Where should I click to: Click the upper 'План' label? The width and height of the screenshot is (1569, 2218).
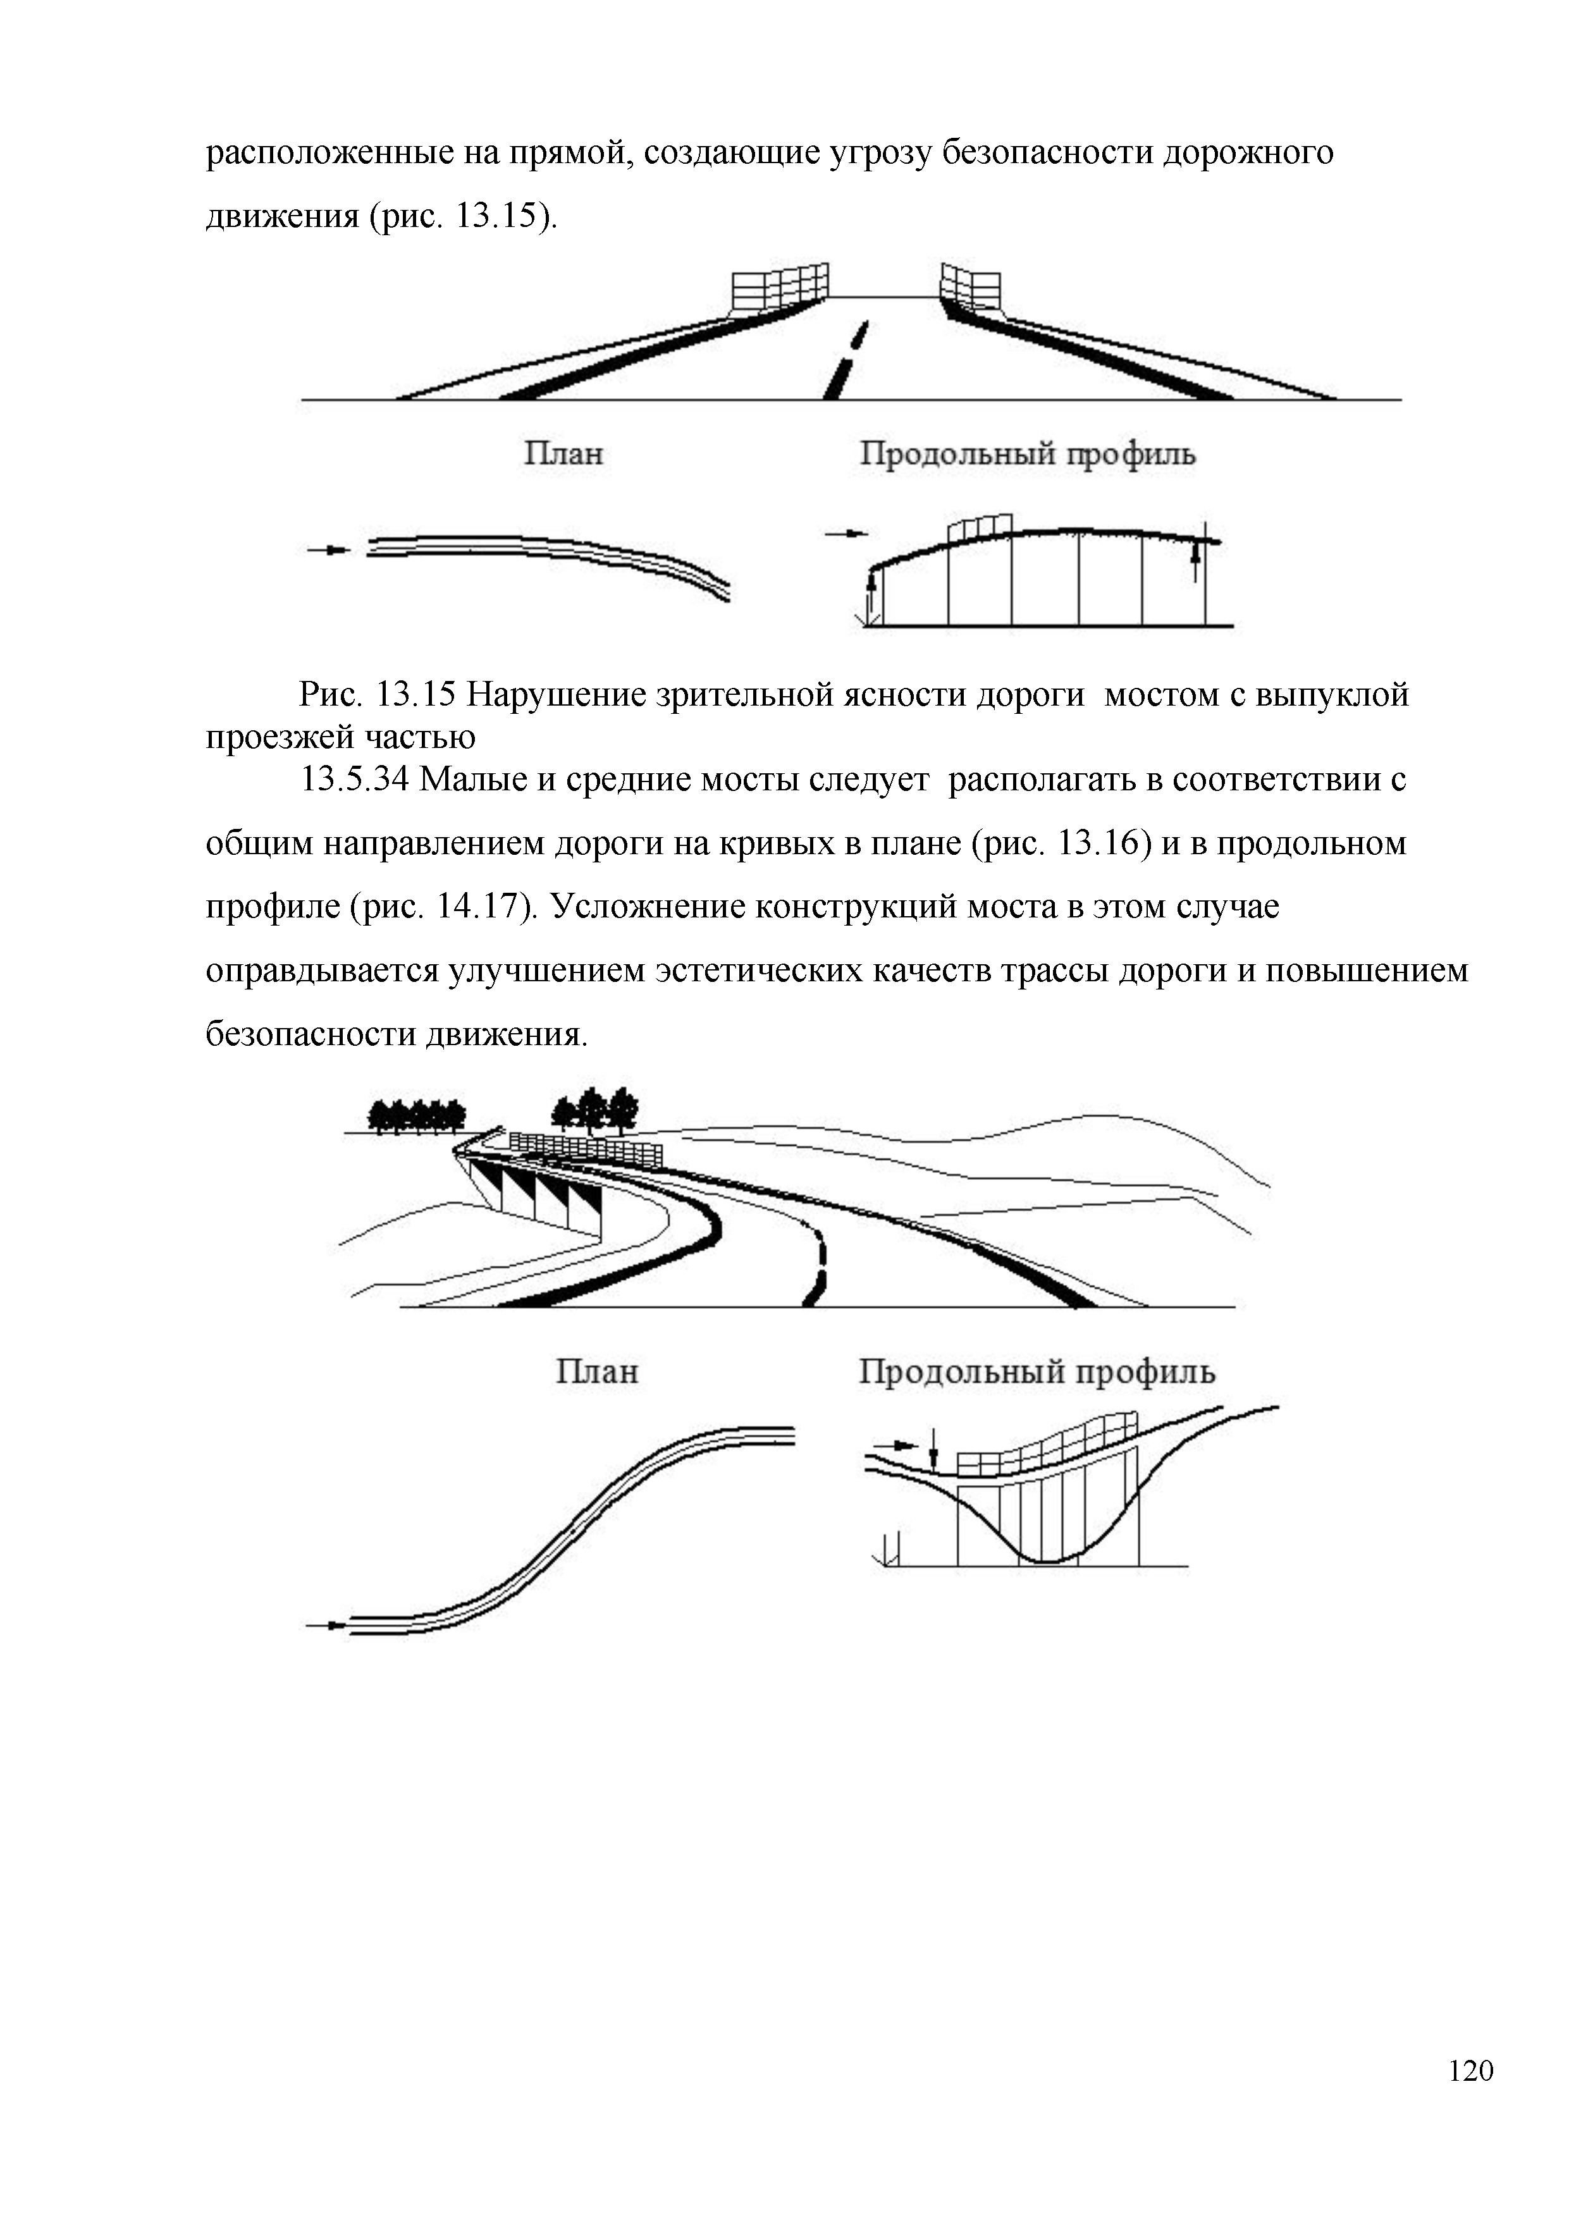563,453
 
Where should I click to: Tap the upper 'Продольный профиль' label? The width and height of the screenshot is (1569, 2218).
1027,453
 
